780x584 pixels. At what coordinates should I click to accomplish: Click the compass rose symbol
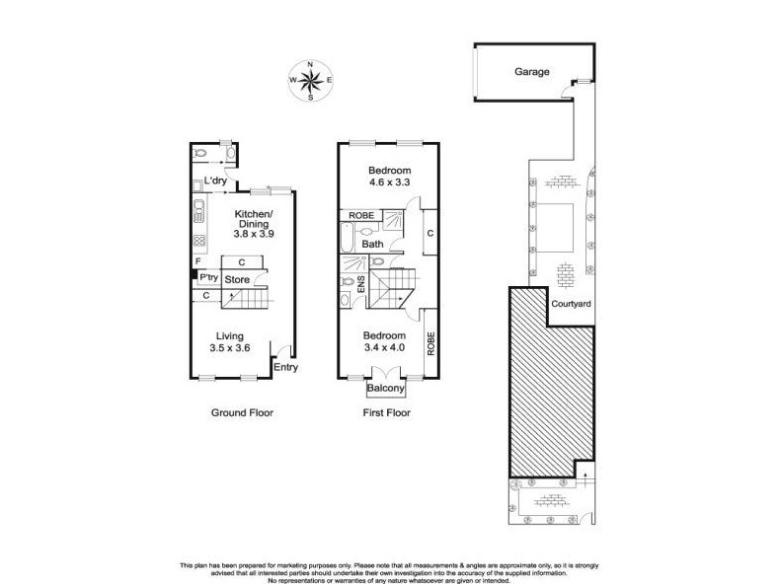coord(310,80)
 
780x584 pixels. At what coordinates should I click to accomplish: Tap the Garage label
coord(531,72)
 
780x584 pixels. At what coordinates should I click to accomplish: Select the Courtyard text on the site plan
coord(572,304)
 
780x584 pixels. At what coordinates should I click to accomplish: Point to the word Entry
coord(286,368)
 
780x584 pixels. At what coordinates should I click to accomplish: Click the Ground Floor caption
coord(241,412)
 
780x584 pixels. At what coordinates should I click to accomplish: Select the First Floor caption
coord(386,412)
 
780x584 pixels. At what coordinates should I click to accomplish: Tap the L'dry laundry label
coord(216,181)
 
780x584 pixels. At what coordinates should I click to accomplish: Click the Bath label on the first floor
coord(372,244)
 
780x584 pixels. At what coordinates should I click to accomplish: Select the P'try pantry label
coord(208,278)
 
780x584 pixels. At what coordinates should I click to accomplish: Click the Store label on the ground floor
coord(237,280)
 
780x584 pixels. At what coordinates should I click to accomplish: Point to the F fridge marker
coord(197,261)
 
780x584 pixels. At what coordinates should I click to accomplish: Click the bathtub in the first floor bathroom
coord(348,237)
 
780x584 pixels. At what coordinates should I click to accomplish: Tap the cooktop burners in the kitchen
coord(198,239)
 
